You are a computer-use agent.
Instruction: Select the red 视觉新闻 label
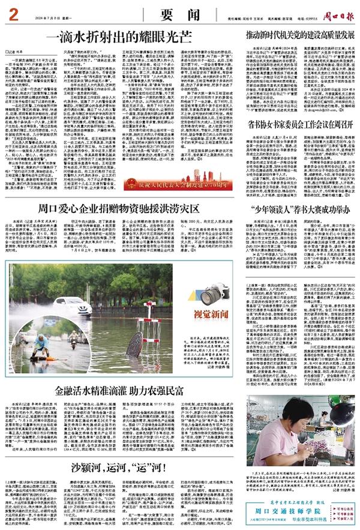214,313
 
